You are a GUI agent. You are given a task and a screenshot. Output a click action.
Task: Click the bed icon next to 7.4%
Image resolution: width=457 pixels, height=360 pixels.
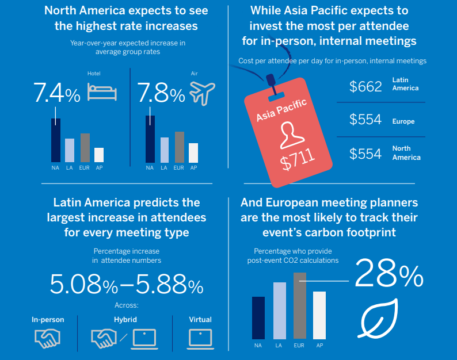[102, 90]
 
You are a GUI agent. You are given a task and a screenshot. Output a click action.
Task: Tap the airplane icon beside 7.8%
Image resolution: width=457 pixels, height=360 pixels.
[201, 92]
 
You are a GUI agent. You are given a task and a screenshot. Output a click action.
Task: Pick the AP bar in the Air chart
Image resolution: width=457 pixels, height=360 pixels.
[193, 152]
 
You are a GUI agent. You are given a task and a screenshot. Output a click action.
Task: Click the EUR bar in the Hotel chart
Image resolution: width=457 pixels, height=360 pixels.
[85, 147]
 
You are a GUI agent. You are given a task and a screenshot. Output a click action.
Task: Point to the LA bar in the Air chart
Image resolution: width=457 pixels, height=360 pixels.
[165, 150]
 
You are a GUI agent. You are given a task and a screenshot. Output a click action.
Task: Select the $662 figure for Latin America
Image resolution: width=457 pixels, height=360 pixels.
[365, 87]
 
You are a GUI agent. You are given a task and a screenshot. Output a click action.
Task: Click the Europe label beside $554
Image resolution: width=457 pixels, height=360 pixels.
[403, 122]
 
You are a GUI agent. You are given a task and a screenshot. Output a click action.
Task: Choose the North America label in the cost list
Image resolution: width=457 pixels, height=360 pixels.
[406, 153]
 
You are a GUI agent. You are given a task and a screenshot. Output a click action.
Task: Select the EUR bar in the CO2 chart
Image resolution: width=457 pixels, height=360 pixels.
[299, 305]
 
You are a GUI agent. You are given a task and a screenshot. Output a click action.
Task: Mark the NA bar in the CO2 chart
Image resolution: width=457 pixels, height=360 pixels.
[258, 317]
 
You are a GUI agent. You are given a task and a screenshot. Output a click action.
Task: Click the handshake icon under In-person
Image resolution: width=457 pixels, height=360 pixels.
[48, 338]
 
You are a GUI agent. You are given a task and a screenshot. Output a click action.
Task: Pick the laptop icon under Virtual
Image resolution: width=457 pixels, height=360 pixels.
[200, 338]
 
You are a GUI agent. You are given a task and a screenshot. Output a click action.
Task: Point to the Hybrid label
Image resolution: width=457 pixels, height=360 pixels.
[125, 320]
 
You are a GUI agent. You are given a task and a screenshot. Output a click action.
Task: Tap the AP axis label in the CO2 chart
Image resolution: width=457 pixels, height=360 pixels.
[319, 346]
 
